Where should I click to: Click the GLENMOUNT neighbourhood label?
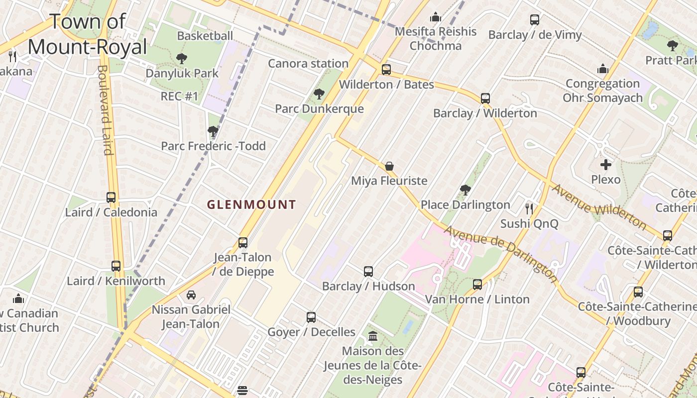tap(251, 204)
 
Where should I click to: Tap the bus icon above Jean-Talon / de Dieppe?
tap(243, 242)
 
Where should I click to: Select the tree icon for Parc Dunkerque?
tap(319, 94)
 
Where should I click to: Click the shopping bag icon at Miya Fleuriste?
tap(389, 166)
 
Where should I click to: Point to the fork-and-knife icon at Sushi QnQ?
tap(529, 208)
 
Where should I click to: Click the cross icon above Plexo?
tap(605, 164)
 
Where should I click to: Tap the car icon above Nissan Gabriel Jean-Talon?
tap(191, 295)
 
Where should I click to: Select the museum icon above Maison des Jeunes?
tap(373, 336)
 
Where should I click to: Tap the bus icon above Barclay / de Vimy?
tap(535, 20)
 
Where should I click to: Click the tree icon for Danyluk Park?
tap(182, 59)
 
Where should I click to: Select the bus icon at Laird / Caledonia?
tap(111, 197)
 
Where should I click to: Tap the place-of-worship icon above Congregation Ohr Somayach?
tap(603, 69)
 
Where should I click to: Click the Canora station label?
tap(308, 63)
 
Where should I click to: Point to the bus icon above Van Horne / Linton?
tap(477, 284)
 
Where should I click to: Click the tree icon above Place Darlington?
tap(465, 190)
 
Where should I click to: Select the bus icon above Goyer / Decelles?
tap(311, 317)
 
